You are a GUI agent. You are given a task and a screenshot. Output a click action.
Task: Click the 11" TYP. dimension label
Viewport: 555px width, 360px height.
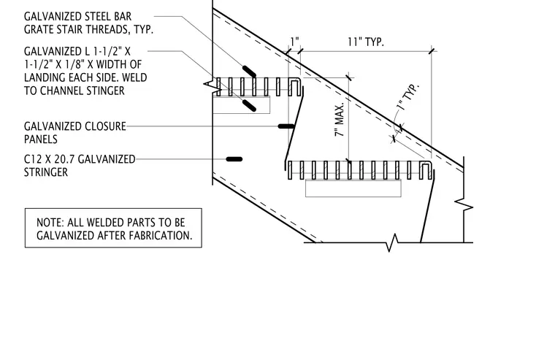tap(365, 42)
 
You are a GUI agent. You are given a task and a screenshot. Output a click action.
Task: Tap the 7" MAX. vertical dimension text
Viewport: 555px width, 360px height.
tap(339, 120)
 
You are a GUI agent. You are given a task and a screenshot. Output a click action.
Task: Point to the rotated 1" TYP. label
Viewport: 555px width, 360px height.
tap(407, 97)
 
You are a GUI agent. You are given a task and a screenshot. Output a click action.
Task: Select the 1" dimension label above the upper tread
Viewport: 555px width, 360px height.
tap(294, 41)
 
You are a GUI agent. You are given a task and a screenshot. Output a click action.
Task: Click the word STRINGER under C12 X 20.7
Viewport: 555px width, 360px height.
tap(46, 172)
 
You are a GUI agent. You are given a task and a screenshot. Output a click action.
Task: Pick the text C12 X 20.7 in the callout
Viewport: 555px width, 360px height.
tap(50, 159)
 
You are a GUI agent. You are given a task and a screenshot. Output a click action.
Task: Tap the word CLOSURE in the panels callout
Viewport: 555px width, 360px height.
tap(105, 126)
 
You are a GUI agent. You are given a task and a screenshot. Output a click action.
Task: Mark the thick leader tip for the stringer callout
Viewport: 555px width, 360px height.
tap(234, 159)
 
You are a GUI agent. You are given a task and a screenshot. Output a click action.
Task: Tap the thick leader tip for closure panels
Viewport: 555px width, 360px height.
tap(286, 126)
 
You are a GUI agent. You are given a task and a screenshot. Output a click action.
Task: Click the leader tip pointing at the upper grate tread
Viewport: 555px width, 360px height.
tap(249, 72)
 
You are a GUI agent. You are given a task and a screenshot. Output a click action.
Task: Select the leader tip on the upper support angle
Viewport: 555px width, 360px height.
tap(249, 105)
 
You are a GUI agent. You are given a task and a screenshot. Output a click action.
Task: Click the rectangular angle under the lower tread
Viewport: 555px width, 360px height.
tap(353, 188)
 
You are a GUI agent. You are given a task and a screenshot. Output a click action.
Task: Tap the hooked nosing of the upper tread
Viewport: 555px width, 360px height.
tap(296, 87)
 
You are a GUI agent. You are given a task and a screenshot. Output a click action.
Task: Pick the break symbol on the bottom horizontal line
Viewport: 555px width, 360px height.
tap(392, 242)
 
